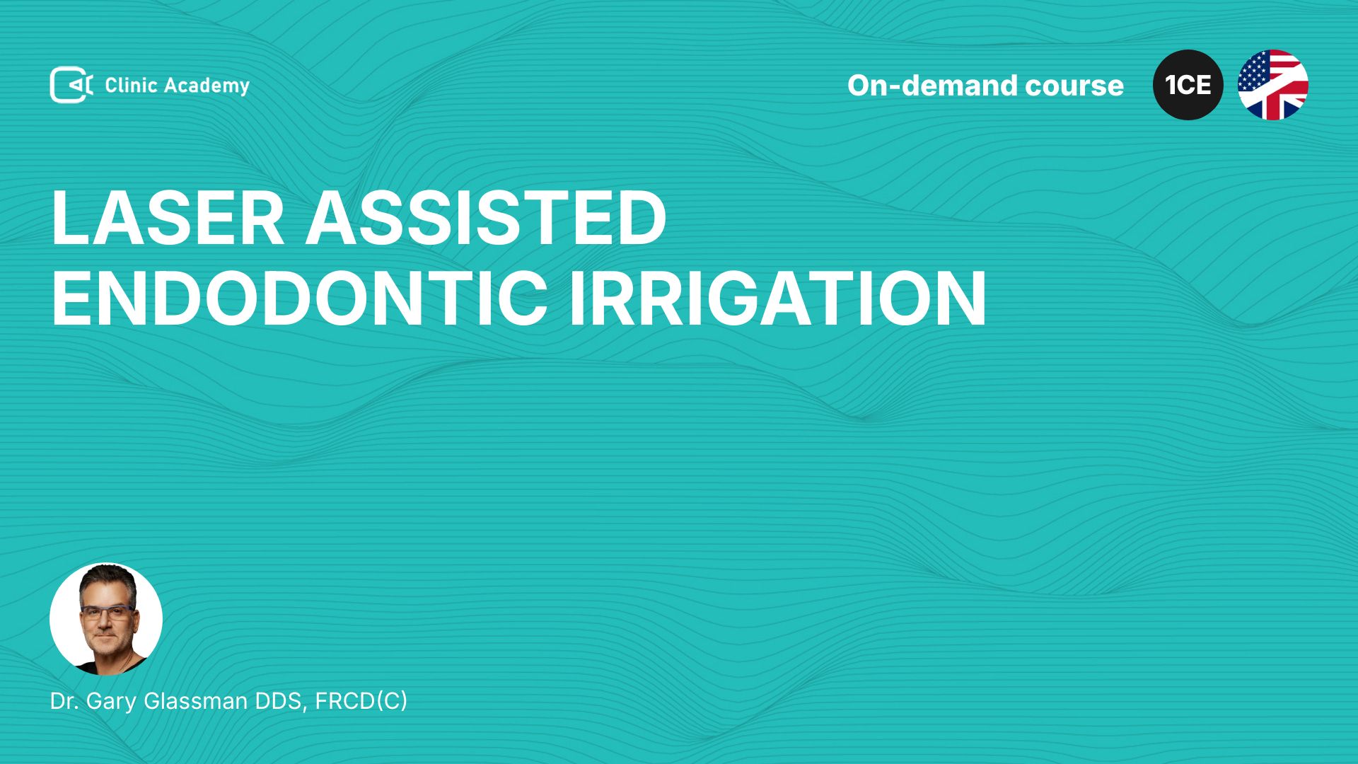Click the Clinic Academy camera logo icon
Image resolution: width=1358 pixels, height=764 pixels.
coord(71,85)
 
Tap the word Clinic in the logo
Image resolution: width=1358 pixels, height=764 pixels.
coord(131,86)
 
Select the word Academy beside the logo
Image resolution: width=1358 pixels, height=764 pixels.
coord(207,87)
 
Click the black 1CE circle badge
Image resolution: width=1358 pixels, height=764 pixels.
coord(1188,85)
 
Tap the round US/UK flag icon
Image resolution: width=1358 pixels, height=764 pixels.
coord(1273,85)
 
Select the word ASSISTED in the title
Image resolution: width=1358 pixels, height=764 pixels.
coord(486,218)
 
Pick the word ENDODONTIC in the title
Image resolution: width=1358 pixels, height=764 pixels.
coord(299,299)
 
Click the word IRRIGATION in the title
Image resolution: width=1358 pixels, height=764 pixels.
coord(777,299)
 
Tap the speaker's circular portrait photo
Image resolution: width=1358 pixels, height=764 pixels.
coord(106,619)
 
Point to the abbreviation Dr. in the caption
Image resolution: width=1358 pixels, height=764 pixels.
coord(64,701)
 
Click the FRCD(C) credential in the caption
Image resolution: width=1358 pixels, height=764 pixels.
coord(361,702)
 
